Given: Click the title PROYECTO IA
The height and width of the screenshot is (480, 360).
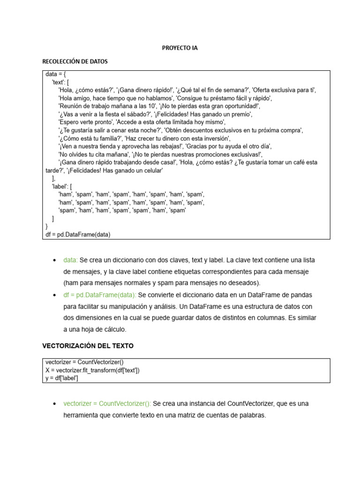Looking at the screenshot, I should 180,48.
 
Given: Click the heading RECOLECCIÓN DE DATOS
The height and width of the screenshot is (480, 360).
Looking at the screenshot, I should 75,61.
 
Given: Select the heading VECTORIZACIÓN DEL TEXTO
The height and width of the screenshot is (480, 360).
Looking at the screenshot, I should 88,346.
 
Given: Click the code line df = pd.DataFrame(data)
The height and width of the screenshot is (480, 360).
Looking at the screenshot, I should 78,235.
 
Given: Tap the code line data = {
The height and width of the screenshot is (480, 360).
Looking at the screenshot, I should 59,74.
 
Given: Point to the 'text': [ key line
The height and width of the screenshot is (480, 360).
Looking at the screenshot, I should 60,82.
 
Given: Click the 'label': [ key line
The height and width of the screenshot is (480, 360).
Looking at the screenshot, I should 62,186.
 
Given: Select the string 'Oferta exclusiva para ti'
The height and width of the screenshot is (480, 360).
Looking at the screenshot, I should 284,90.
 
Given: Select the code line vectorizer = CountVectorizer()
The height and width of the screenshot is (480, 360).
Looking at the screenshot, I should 85,362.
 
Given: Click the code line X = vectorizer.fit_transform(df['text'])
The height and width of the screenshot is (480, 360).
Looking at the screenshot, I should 92,370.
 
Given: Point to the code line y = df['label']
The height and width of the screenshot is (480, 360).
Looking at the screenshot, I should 62,378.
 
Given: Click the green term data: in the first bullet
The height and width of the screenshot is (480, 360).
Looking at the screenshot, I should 71,260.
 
